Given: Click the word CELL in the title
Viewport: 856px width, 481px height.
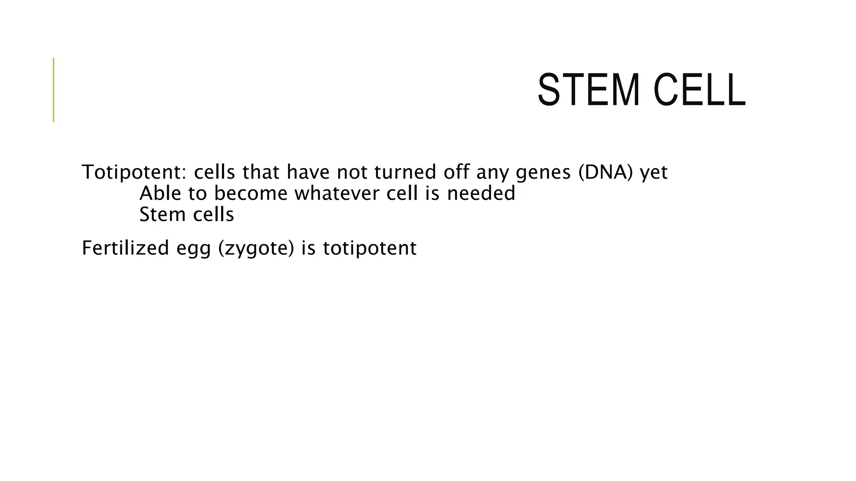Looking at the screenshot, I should click(x=699, y=90).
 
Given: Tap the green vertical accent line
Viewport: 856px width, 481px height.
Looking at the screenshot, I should click(x=53, y=90).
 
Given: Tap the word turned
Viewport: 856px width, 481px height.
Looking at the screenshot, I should click(x=405, y=172).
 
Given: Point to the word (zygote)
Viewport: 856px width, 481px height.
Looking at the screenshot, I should click(x=256, y=248).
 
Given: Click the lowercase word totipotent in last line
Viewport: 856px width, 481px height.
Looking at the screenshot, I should click(x=369, y=248).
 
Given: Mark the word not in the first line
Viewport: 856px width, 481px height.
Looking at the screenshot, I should click(x=352, y=172).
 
